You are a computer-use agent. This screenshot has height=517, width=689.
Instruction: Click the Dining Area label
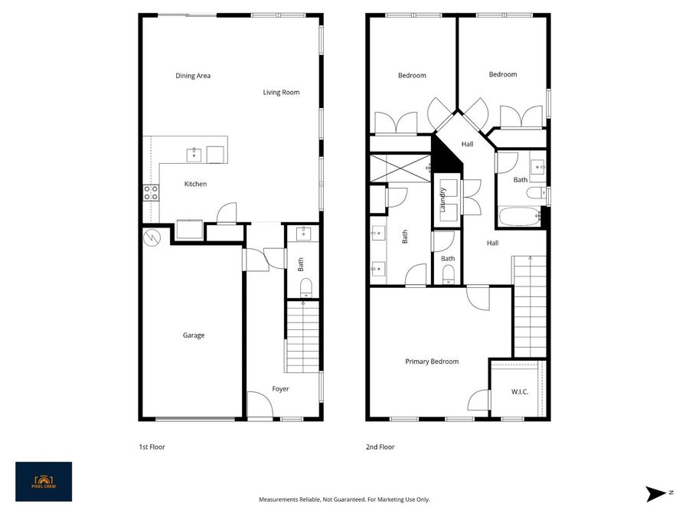coord(193,76)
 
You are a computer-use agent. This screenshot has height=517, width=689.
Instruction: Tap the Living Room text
coord(281,93)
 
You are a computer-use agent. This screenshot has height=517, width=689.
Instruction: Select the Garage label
coord(194,335)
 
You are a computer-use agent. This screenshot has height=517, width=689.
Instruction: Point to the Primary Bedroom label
coord(432,362)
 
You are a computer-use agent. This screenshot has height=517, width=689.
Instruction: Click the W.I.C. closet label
coord(520,392)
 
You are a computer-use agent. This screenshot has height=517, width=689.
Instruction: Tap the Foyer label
coord(281,389)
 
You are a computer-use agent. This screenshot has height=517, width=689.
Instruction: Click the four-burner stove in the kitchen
coord(151,192)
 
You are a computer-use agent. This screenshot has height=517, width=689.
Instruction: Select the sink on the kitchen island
coord(195,154)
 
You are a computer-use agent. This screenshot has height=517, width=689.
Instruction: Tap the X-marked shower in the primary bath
coord(400,168)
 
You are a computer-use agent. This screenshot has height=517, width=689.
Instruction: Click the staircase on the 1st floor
coord(302,337)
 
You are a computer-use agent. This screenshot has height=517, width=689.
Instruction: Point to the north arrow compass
coord(655,494)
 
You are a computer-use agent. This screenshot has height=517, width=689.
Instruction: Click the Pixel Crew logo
coord(44,482)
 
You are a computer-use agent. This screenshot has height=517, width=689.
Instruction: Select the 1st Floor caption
coord(152,447)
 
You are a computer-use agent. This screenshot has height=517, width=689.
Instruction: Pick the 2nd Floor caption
coord(380,447)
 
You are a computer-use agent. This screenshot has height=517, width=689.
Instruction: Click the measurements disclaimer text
coord(344,499)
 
